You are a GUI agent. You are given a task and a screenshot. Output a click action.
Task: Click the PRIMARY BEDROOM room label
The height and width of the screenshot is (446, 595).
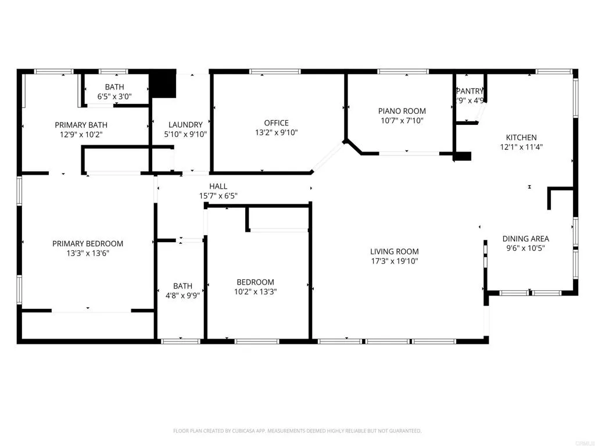88,243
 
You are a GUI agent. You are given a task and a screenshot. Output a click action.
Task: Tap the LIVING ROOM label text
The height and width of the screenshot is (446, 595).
395,251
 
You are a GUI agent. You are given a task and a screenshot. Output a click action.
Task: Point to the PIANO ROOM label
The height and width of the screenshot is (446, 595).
402,111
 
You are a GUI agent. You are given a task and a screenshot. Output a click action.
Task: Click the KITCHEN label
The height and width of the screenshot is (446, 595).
521,138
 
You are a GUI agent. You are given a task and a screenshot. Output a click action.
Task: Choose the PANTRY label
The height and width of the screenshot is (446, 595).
469,91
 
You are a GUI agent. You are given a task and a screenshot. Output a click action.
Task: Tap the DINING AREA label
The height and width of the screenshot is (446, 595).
525,239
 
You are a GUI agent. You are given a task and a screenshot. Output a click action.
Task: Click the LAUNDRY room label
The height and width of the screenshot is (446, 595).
185,124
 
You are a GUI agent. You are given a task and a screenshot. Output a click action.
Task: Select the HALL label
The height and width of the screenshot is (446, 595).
218,186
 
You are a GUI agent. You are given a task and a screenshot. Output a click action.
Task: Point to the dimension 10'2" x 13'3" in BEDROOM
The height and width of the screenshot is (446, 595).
255,292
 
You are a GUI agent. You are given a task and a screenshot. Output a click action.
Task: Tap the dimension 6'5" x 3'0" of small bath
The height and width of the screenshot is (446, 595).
114,97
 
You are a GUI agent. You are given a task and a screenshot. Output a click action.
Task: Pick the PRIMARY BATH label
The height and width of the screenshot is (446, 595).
81,125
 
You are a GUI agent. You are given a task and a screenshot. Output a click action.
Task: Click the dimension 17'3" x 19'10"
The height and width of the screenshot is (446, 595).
395,261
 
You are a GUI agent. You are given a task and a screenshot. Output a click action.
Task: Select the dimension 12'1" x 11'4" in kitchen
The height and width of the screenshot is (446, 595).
521,148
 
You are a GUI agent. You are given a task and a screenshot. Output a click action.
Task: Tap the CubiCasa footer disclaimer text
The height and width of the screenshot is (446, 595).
297,431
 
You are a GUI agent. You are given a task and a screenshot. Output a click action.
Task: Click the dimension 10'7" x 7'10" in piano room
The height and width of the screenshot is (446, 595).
402,121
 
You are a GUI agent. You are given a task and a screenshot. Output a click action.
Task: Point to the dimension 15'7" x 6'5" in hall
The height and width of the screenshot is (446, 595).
218,196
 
